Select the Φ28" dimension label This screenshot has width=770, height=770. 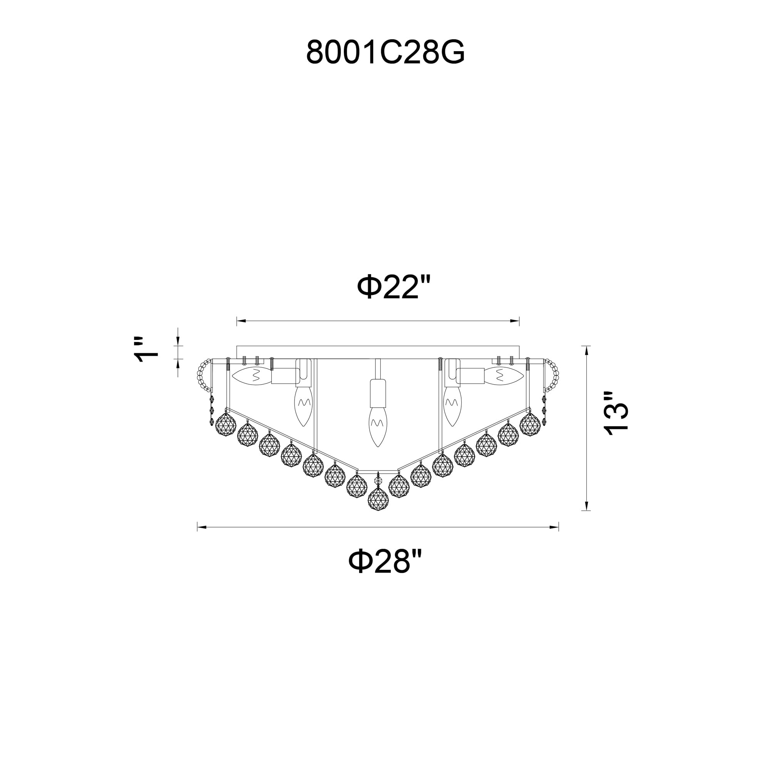point(385,561)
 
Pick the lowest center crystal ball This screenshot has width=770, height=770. point(378,498)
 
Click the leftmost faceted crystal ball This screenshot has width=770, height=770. point(226,423)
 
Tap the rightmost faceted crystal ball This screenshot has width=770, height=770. point(530,424)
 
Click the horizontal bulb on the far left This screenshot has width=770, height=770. point(252,376)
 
